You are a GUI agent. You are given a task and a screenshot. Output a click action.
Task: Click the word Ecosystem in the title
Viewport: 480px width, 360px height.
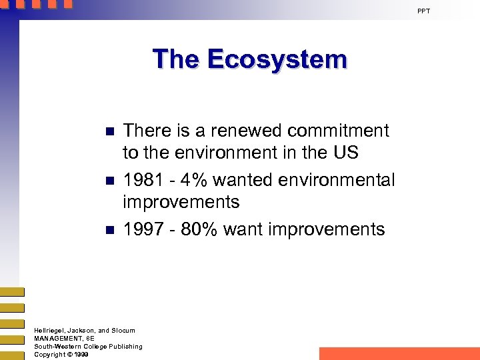(277, 59)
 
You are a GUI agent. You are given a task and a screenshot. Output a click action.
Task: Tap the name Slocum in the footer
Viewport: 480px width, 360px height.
(122, 331)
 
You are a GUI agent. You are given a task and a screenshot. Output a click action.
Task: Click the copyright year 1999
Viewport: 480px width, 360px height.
(82, 355)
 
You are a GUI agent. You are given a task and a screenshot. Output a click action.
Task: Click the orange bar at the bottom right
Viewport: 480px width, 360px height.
(399, 353)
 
